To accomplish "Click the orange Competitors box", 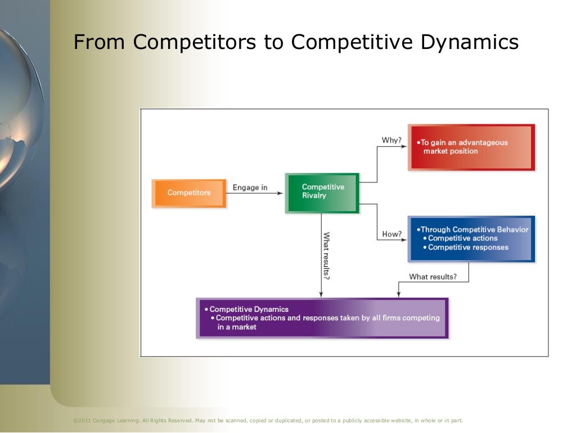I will (x=189, y=193).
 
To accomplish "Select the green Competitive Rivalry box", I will (x=322, y=192).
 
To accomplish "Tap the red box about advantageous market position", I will (x=471, y=147).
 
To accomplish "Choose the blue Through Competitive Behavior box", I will (x=471, y=238).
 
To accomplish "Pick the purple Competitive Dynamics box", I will (x=322, y=318).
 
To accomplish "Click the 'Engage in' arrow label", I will (x=250, y=188).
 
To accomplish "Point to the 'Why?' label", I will (x=391, y=140).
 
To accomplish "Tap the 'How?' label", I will (x=391, y=234).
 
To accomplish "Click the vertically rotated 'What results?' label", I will (x=326, y=256).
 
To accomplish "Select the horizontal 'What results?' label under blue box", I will (x=433, y=276).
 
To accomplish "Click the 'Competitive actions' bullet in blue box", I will (x=462, y=238).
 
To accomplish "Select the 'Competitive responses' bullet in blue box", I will (x=468, y=247).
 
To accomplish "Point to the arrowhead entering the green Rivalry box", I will (x=281, y=193).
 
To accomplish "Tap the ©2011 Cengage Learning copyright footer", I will (x=268, y=421).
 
